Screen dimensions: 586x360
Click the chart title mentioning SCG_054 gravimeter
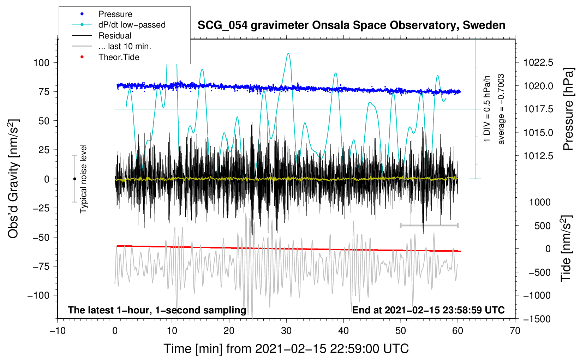click(351, 25)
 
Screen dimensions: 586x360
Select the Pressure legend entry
click(115, 14)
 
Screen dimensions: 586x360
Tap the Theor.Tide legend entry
click(119, 57)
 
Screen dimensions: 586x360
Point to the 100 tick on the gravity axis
click(42, 63)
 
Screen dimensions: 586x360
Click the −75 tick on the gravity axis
click(41, 266)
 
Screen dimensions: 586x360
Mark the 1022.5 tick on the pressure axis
click(538, 63)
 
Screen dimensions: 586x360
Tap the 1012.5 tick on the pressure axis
click(538, 156)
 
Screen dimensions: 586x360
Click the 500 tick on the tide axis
click(543, 226)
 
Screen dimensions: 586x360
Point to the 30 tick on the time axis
click(286, 331)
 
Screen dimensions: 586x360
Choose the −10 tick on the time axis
click(58, 331)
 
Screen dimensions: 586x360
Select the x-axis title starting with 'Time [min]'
click(286, 349)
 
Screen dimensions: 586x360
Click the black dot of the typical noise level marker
click(74, 179)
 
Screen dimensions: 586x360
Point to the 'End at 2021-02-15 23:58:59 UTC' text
click(428, 310)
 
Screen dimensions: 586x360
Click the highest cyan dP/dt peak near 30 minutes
click(288, 54)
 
